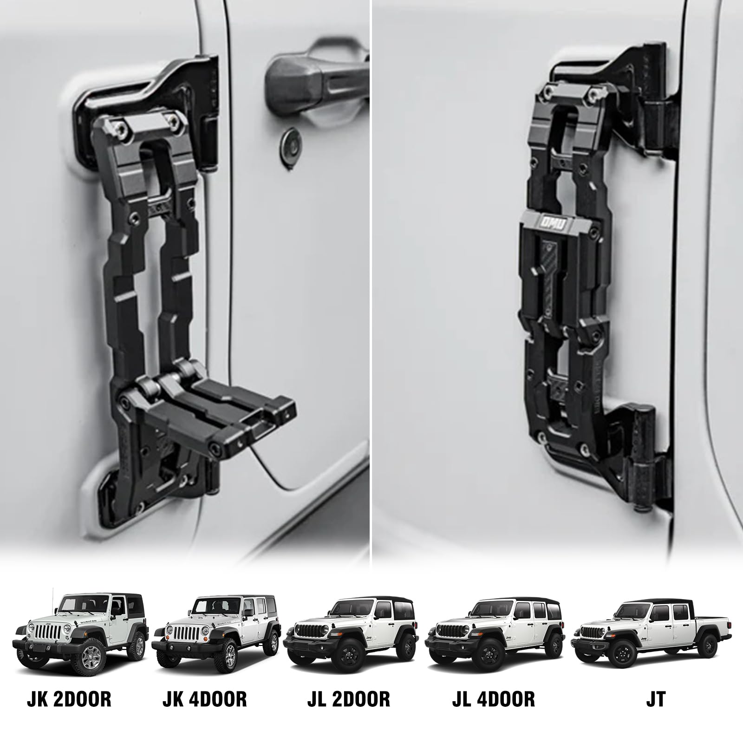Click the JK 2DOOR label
coord(69,699)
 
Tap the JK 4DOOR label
coord(204,699)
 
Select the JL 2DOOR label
coord(348,699)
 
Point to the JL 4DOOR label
coord(493,699)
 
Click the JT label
coord(655,699)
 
